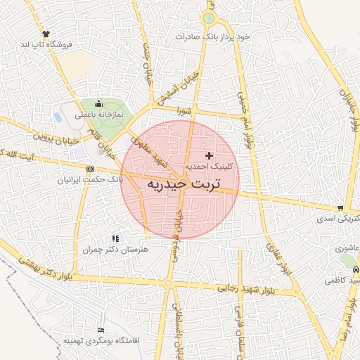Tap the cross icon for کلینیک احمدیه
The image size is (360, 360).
(208, 155)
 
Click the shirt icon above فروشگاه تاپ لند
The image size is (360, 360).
(46, 33)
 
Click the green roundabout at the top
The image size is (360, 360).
(209, 19)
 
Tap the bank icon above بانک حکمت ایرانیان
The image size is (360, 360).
(90, 169)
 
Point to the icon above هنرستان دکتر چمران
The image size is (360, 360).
(115, 239)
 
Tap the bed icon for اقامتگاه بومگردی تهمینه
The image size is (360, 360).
(101, 330)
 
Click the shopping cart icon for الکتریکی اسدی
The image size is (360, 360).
(340, 208)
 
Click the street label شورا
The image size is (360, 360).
(184, 110)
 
